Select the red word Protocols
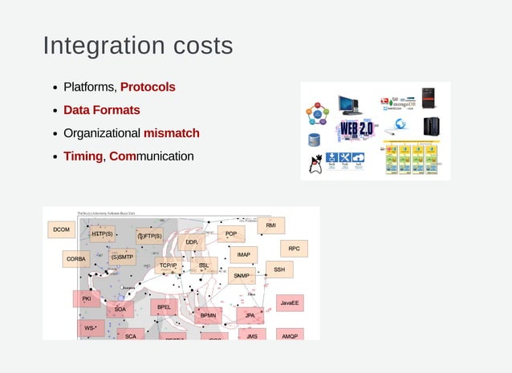point(148,87)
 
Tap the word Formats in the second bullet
point(116,110)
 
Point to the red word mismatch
point(171,133)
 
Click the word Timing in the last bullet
point(83,156)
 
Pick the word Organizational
point(101,133)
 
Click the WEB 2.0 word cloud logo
point(356,128)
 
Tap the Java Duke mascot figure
point(315,164)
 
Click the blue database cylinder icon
point(314,140)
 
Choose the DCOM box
point(61,230)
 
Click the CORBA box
point(76,259)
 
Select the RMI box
point(270,226)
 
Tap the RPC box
point(294,249)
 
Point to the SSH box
point(278,270)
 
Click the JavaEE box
point(290,303)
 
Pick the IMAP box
point(243,255)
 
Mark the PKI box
point(87,298)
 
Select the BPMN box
point(209,316)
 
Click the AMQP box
point(290,335)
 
